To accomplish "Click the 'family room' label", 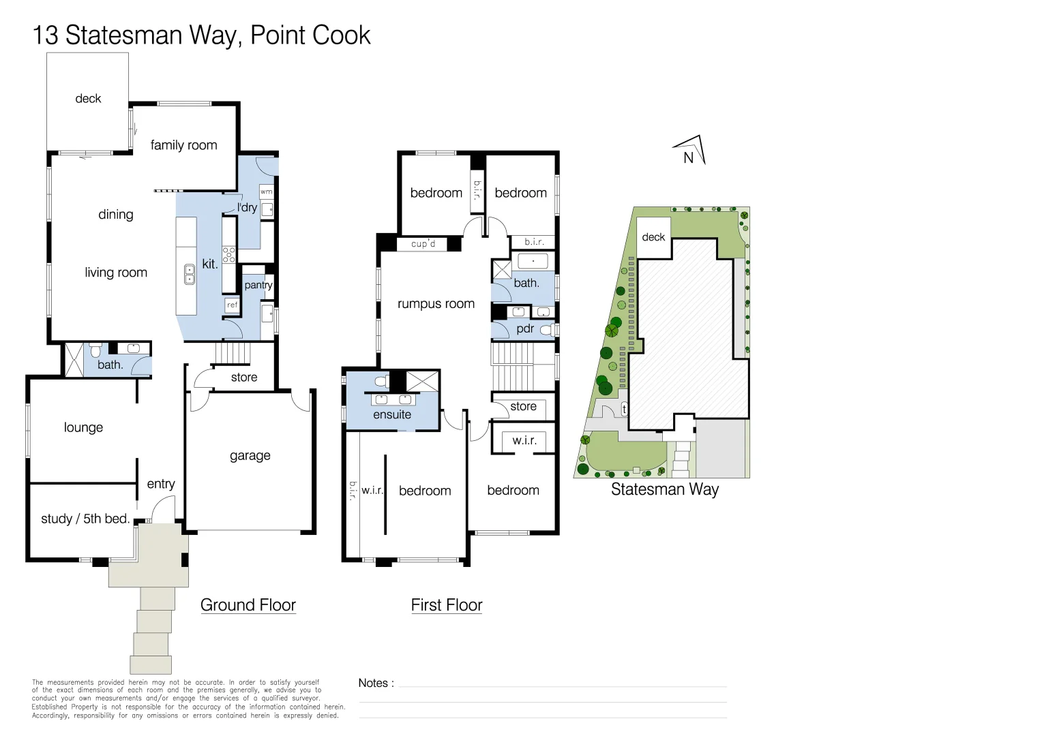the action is [x=183, y=145].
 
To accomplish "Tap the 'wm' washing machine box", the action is [x=267, y=191].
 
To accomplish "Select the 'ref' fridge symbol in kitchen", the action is [x=232, y=305].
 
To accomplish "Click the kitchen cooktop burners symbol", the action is [x=229, y=255].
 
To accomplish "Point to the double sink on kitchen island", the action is [x=190, y=275].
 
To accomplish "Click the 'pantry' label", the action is [x=258, y=285].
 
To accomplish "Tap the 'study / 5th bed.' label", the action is [x=85, y=519].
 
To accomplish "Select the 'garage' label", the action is [x=250, y=456].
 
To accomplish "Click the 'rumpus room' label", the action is [x=436, y=304].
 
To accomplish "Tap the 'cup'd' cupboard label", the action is [x=423, y=243].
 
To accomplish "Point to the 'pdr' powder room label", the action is [x=525, y=328].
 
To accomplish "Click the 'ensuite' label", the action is [x=392, y=414].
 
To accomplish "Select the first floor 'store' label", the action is [x=523, y=406].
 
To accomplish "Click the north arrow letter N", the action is [x=689, y=158].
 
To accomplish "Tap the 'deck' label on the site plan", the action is [x=653, y=237].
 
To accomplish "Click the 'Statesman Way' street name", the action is [x=665, y=489].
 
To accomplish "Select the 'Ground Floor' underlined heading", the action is [x=248, y=605].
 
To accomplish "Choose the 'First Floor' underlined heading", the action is [x=447, y=605].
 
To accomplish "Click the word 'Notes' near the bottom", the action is [x=373, y=683].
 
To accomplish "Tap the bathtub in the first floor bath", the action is [x=533, y=261].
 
